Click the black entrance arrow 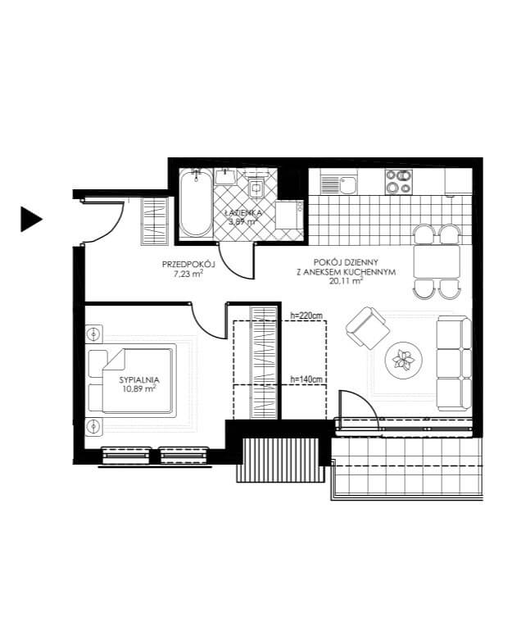tap(30, 219)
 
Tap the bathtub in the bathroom tap(197, 204)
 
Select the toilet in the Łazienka tap(256, 187)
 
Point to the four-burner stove tap(399, 182)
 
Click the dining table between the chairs tap(437, 261)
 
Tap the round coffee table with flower tap(404, 360)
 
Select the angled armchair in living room tap(367, 328)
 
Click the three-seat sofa tap(454, 363)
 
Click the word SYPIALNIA tap(139, 379)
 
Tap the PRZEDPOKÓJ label tap(188, 264)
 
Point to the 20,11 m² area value tap(346, 280)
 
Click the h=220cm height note tap(306, 315)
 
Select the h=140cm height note tap(306, 379)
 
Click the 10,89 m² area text tap(139, 389)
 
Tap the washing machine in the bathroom tap(289, 214)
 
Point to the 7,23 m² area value tap(188, 274)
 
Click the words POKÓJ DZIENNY tap(346, 262)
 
